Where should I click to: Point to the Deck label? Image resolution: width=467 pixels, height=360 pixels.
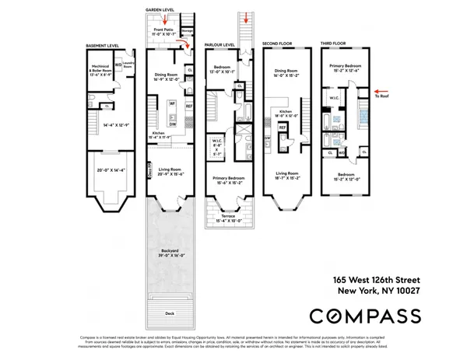(170, 313)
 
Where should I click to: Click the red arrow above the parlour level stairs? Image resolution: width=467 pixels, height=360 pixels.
(247, 19)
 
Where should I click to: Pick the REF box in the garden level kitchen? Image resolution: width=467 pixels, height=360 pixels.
(188, 107)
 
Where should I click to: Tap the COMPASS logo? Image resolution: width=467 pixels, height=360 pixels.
(366, 315)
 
